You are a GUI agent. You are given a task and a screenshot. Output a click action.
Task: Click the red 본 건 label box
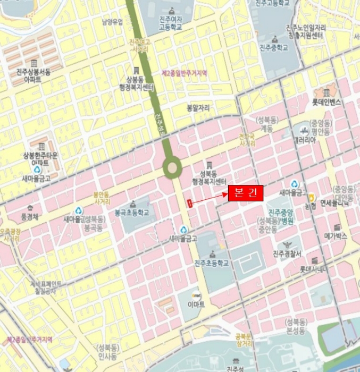(x=246, y=193)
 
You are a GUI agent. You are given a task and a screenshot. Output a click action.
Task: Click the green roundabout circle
(x=172, y=169)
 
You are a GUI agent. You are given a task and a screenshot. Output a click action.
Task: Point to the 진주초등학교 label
(x=211, y=263)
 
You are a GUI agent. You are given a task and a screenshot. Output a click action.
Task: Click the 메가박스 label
(x=336, y=235)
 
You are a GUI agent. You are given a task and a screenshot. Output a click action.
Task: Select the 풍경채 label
(x=30, y=217)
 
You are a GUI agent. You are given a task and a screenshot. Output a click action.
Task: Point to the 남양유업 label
(x=112, y=22)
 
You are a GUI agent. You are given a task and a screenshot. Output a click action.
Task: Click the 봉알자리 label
(x=197, y=108)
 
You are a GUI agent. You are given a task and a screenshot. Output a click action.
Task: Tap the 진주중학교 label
(x=273, y=47)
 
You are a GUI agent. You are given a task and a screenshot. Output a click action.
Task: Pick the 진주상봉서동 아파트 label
(x=34, y=75)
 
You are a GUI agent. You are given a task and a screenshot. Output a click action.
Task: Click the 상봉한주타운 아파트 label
(x=40, y=158)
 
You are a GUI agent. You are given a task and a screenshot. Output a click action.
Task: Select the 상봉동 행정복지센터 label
(x=137, y=83)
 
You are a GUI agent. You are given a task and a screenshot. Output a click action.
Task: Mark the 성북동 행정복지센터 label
(x=209, y=177)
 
